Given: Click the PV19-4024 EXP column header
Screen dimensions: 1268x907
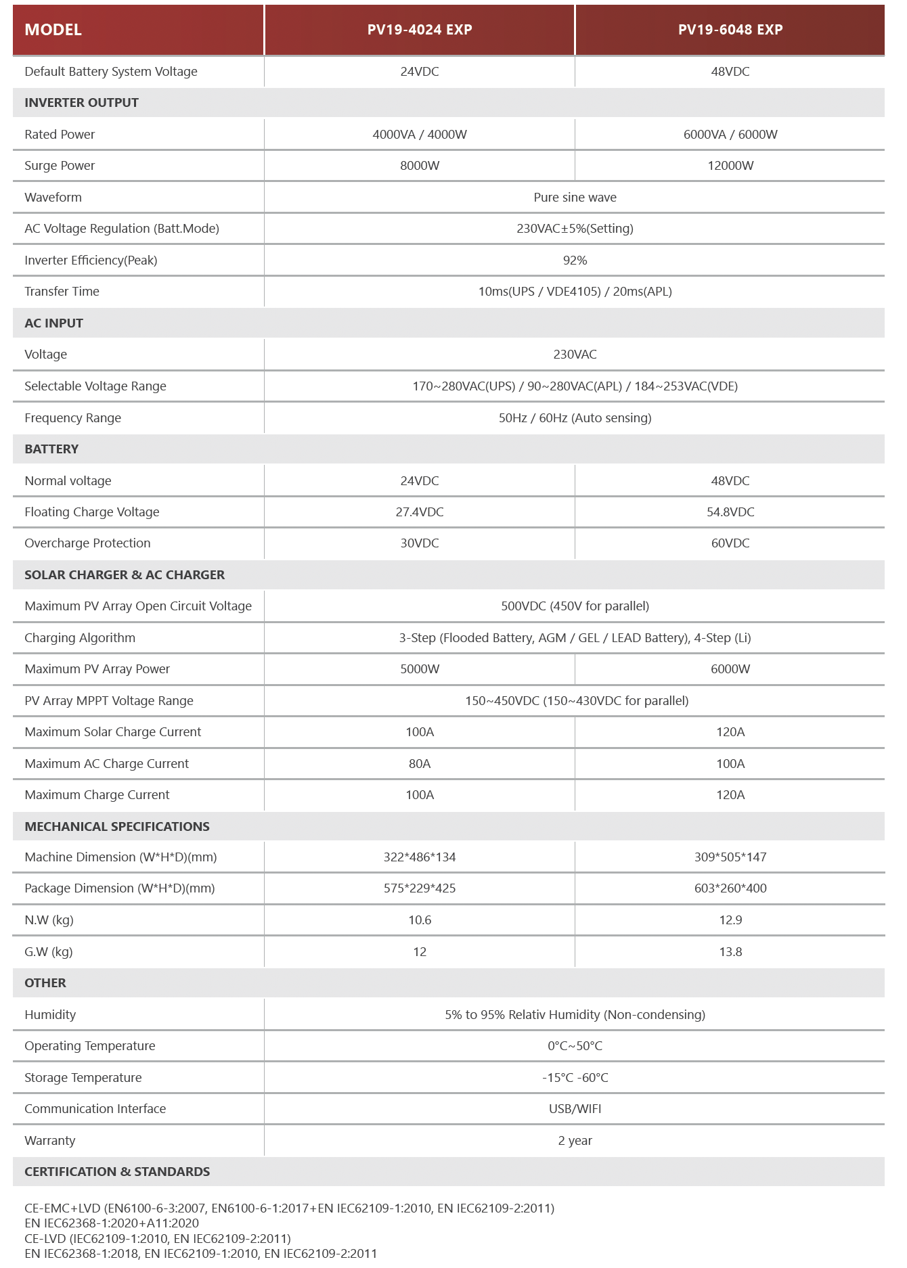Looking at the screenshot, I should (420, 30).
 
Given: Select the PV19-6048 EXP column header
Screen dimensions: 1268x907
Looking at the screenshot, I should (730, 30).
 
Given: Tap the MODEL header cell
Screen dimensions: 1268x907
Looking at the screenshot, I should (53, 30).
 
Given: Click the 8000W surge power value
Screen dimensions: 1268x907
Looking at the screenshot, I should (420, 166).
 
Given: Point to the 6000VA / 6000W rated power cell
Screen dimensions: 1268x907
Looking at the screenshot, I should (730, 135).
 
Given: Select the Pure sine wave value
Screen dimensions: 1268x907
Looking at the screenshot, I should (575, 198).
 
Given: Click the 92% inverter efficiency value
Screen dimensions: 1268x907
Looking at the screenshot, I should (575, 261).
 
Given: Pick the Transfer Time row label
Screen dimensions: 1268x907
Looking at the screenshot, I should (62, 292).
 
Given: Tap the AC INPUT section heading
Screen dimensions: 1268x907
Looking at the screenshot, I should (53, 323).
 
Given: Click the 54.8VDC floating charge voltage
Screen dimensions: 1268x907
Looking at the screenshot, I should (730, 512).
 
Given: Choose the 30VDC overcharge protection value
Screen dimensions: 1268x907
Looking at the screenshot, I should (420, 543).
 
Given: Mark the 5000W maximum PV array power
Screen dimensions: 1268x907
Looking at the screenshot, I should (420, 669).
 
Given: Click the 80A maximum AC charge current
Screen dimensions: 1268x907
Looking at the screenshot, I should (420, 764).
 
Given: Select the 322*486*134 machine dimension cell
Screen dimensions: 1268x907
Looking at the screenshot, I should (420, 857).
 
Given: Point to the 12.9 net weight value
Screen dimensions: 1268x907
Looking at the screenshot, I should (730, 920).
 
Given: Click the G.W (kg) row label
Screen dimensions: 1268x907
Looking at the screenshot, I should (49, 952).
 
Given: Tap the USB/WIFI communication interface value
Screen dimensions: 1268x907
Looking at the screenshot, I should (575, 1109).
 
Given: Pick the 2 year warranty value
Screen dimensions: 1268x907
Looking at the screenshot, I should (575, 1141).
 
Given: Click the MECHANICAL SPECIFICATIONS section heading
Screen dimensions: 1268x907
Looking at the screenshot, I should (117, 827).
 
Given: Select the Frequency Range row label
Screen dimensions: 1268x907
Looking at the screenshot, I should (72, 418).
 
